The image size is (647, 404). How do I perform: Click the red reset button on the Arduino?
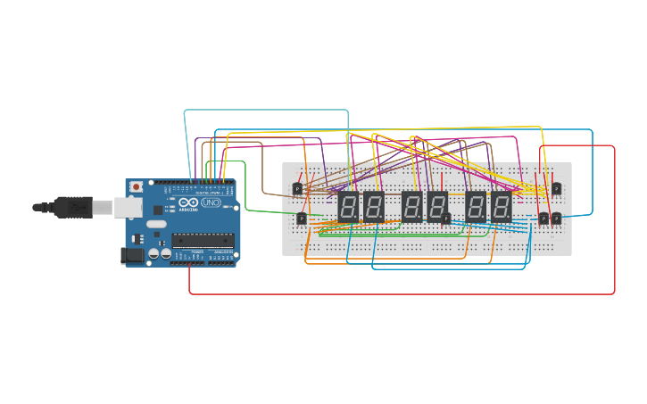[x=136, y=187]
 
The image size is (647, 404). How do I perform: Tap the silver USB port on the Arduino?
[x=127, y=208]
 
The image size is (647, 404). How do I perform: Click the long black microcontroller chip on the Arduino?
[x=203, y=239]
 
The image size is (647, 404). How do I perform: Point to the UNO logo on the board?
[x=212, y=202]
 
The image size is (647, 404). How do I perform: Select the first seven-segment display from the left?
[x=348, y=208]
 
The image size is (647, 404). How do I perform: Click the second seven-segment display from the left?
[x=373, y=208]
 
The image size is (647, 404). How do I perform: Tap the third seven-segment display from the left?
[x=411, y=208]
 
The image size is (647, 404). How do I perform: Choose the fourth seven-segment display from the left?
[x=436, y=208]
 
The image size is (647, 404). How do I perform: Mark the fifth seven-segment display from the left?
[x=476, y=208]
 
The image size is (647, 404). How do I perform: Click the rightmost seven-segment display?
[x=502, y=208]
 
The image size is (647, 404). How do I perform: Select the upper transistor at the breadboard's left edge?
[x=297, y=188]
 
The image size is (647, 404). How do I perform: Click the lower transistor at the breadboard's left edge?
[x=301, y=218]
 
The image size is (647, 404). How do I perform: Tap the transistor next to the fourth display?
[x=446, y=218]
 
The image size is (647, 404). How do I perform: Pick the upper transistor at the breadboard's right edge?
[x=556, y=188]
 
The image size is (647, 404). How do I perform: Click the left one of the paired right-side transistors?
[x=543, y=218]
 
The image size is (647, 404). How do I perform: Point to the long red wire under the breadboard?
[x=402, y=293]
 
